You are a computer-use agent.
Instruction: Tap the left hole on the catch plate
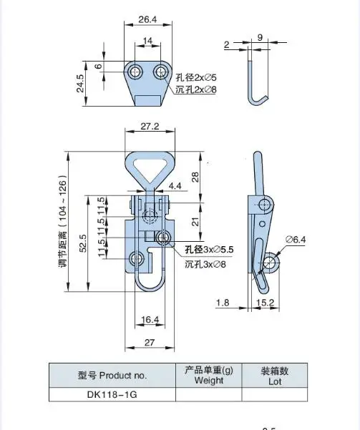tap(134, 72)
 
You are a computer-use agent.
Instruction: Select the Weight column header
tap(208, 376)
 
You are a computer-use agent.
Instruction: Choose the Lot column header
tap(274, 376)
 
